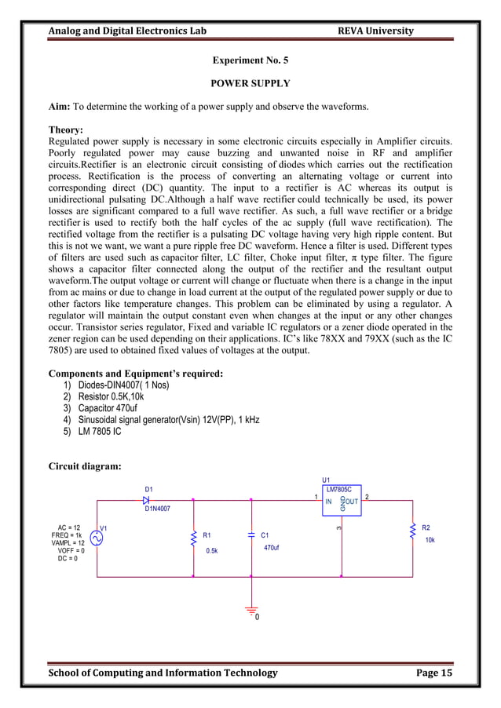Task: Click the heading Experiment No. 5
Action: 251,60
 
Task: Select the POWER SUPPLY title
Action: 251,83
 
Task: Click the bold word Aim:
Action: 60,107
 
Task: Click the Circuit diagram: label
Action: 85,467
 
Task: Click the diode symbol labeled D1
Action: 146,499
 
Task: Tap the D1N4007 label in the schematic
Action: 157,509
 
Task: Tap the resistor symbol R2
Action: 412,532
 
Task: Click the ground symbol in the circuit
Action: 251,610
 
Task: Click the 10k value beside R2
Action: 430,541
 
